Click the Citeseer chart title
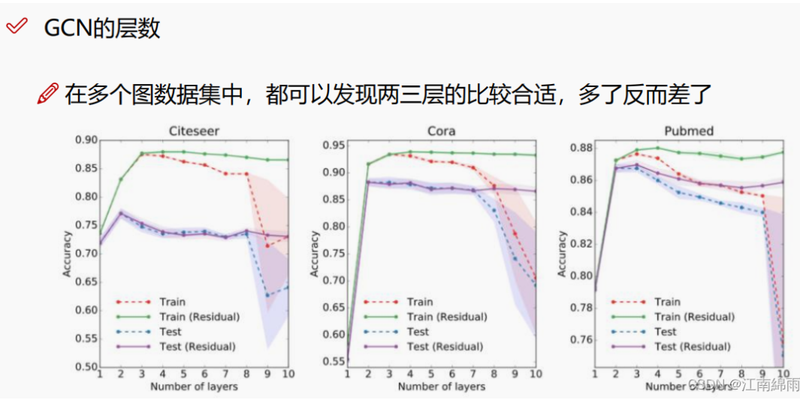coord(194,131)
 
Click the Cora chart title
coord(441,131)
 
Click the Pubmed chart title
coord(688,131)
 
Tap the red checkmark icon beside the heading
coord(16,28)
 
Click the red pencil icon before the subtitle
coord(47,95)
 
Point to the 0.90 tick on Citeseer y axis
coord(86,140)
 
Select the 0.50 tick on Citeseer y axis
coord(86,367)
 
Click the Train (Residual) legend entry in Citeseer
coord(199,317)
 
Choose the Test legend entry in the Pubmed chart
coord(666,332)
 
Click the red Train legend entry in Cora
coord(420,302)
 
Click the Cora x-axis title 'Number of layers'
coord(441,386)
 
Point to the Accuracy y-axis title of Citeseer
coord(68,254)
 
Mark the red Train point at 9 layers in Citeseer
coord(267,245)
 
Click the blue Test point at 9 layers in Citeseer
coord(267,295)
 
